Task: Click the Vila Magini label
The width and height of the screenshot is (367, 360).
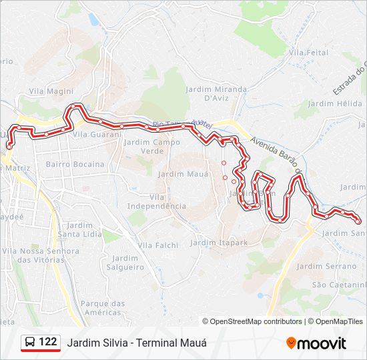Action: click(51, 91)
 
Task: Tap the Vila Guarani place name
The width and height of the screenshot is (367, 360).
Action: click(97, 134)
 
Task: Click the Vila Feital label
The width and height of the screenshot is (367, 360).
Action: click(309, 52)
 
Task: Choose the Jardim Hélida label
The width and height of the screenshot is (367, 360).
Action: click(336, 104)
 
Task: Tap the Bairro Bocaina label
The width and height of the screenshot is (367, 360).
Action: click(75, 164)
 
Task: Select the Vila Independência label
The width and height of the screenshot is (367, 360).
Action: click(158, 201)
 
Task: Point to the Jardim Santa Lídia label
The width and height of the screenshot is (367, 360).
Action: click(80, 230)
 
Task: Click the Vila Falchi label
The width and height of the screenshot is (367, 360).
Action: click(158, 245)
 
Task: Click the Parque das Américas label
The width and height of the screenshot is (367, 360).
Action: click(103, 308)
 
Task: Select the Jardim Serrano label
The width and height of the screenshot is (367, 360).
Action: click(327, 266)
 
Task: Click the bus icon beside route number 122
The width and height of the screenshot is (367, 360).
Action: click(30, 342)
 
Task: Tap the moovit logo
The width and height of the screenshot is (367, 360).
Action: click(316, 343)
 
